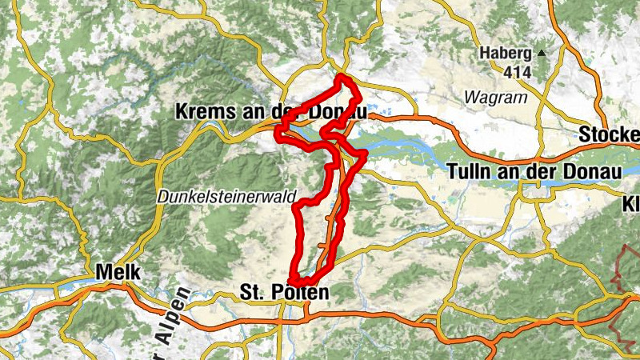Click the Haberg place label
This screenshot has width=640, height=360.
(505, 54)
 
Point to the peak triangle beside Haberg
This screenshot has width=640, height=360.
(542, 54)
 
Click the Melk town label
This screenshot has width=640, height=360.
(118, 273)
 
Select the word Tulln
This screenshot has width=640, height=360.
(471, 171)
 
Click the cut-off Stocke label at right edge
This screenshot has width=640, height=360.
(610, 134)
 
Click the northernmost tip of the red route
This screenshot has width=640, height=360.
(342, 77)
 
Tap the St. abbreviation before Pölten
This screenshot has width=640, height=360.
(254, 294)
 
